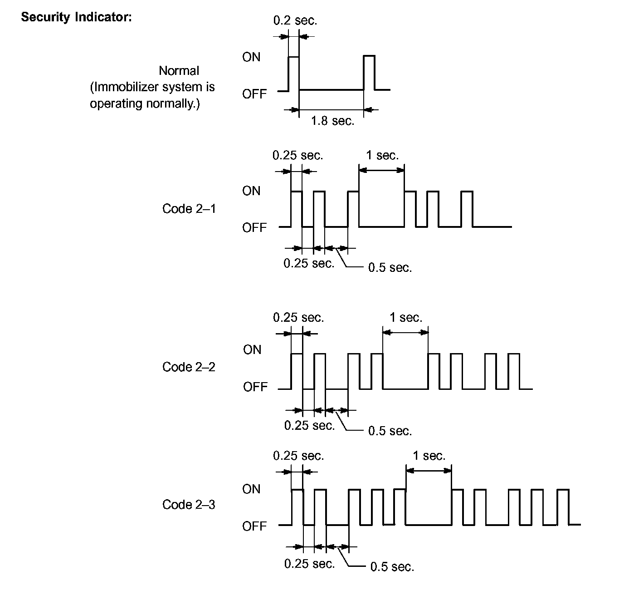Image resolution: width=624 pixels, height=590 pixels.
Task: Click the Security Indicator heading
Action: tap(76, 17)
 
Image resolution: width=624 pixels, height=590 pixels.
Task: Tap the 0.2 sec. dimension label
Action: tap(295, 20)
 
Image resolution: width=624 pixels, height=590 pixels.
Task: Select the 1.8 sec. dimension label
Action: tap(332, 121)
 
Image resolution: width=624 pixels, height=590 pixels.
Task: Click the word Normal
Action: tap(179, 71)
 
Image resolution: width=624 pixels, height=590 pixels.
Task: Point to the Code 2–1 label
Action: tap(189, 209)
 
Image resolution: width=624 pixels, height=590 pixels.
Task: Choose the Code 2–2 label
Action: tap(189, 367)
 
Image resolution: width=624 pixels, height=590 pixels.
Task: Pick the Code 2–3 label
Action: tap(189, 505)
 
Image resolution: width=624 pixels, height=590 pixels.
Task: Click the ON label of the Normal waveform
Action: tap(251, 57)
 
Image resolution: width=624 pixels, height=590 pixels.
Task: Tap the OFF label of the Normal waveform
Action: tap(254, 94)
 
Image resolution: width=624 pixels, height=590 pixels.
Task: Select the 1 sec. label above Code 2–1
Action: tap(382, 156)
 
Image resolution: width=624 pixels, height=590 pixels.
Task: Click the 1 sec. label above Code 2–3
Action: tap(429, 456)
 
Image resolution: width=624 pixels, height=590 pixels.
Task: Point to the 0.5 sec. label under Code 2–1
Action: tap(390, 268)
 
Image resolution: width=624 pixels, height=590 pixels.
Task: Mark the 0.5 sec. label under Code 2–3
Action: tap(392, 567)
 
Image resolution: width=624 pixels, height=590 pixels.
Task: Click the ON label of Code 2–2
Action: tap(252, 350)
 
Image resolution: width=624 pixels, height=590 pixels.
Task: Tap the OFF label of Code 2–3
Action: tap(254, 526)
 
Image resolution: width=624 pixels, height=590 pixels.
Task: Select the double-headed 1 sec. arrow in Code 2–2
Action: tap(405, 332)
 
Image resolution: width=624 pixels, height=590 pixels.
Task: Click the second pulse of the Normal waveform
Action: tap(369, 73)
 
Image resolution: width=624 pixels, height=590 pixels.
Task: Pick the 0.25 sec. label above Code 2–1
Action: tap(297, 156)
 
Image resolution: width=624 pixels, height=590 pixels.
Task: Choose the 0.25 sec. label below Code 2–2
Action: tap(309, 426)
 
